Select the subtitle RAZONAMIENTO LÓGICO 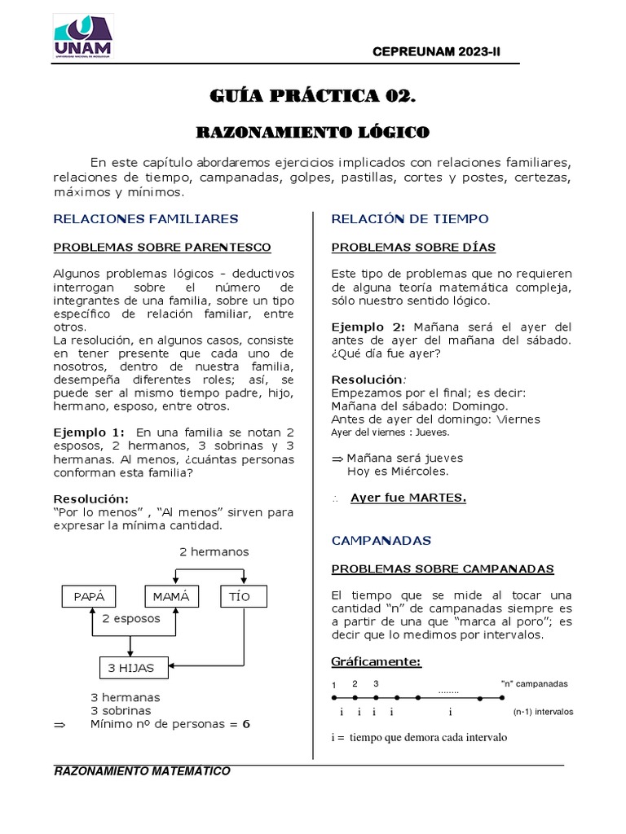pos(313,131)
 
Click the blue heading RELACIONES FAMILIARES pos(146,218)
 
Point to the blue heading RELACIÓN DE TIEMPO pos(410,218)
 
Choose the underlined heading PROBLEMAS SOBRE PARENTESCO pos(162,247)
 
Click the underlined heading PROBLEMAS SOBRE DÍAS pos(413,247)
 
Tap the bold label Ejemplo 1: pos(89,432)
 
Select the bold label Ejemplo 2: pos(367,327)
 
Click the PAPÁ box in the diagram pos(90,596)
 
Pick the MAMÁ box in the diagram pos(171,596)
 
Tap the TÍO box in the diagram pos(240,596)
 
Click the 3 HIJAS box pos(134,668)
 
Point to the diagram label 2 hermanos pos(214,551)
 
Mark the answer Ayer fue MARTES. pos(408,498)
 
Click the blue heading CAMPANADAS pos(381,540)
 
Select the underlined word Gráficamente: pos(376,661)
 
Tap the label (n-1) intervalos pos(543,711)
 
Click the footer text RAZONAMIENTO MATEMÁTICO pos(142,771)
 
